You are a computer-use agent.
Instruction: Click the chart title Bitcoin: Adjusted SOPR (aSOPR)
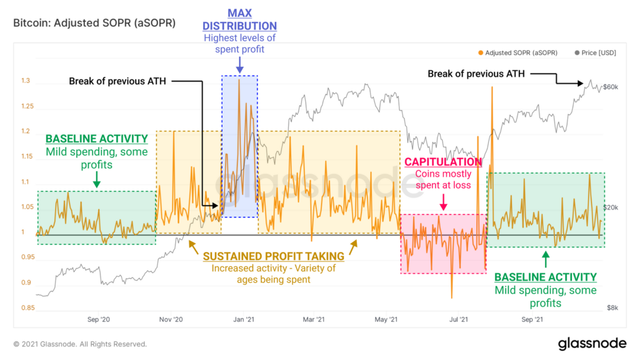pos(94,22)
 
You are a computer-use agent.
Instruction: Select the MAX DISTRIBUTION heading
pos(240,19)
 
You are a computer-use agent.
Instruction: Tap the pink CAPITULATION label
pos(443,162)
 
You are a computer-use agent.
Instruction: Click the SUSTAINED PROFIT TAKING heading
pos(272,256)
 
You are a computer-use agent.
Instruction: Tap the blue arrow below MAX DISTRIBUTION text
pos(239,64)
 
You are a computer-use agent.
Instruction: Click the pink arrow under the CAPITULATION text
pos(443,201)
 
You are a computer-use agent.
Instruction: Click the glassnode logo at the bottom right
pos(591,343)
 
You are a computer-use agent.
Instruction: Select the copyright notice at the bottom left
pos(80,344)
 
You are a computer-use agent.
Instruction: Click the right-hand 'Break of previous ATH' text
pos(474,74)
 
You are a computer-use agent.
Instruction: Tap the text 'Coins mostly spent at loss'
pos(443,179)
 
